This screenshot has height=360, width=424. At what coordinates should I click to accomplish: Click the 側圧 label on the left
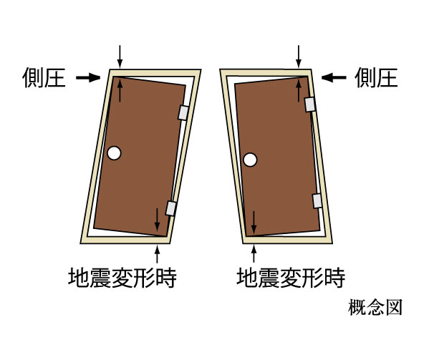point(44,78)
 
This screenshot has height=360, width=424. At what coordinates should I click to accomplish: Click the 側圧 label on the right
point(376,78)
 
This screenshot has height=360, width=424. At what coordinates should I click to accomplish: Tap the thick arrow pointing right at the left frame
point(88,78)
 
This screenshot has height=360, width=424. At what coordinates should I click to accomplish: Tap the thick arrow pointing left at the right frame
point(334,77)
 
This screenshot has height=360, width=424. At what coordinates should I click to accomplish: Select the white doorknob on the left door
point(114,153)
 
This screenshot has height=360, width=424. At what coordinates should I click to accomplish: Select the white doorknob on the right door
point(250,160)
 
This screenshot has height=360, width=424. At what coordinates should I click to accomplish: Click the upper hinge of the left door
point(183,112)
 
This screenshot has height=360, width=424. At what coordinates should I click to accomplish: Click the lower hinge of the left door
point(171,208)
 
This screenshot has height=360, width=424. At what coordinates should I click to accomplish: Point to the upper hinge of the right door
point(310,104)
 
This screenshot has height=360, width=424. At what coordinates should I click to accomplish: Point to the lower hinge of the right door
point(317,201)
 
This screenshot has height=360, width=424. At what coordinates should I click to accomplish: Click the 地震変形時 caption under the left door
point(122,278)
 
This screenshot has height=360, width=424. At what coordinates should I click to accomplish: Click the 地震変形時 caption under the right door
point(291,278)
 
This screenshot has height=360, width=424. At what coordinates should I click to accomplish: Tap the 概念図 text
point(375,307)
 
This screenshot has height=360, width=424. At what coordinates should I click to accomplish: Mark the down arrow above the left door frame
point(120,57)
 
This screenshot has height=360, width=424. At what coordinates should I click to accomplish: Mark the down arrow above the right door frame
point(299,57)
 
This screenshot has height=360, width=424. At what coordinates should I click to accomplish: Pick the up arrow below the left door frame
point(157,253)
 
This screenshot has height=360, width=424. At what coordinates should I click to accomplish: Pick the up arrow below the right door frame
point(254,253)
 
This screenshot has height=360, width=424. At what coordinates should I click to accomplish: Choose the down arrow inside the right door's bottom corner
point(254,223)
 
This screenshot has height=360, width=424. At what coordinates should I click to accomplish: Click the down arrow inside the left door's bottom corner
point(157,220)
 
